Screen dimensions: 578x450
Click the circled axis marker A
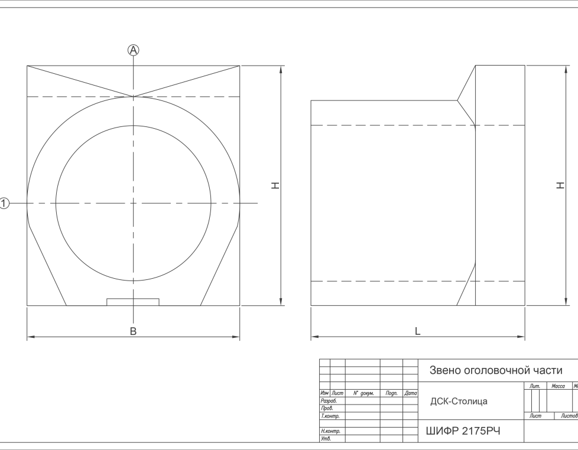click(134, 50)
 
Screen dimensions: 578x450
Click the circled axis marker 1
click(4, 203)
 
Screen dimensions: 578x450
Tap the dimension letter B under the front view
click(134, 331)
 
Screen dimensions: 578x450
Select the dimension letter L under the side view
click(417, 331)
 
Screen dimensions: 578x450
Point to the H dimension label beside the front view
click(275, 185)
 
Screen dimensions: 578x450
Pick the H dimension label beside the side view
click(560, 185)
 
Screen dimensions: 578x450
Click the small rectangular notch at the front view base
click(133, 302)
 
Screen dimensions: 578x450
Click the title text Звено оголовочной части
click(496, 370)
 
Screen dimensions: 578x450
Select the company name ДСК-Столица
click(459, 401)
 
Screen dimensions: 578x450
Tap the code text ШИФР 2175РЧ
click(463, 431)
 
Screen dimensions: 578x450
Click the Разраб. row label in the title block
click(329, 401)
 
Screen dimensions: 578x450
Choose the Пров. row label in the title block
click(327, 409)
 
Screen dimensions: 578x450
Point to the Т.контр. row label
click(330, 416)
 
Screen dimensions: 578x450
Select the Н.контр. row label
click(330, 431)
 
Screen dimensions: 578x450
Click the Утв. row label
click(326, 439)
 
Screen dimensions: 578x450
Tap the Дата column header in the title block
click(411, 393)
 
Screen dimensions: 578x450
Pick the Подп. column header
click(391, 393)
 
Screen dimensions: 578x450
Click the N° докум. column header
click(363, 393)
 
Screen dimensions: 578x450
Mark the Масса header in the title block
click(558, 386)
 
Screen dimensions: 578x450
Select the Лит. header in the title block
click(535, 386)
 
